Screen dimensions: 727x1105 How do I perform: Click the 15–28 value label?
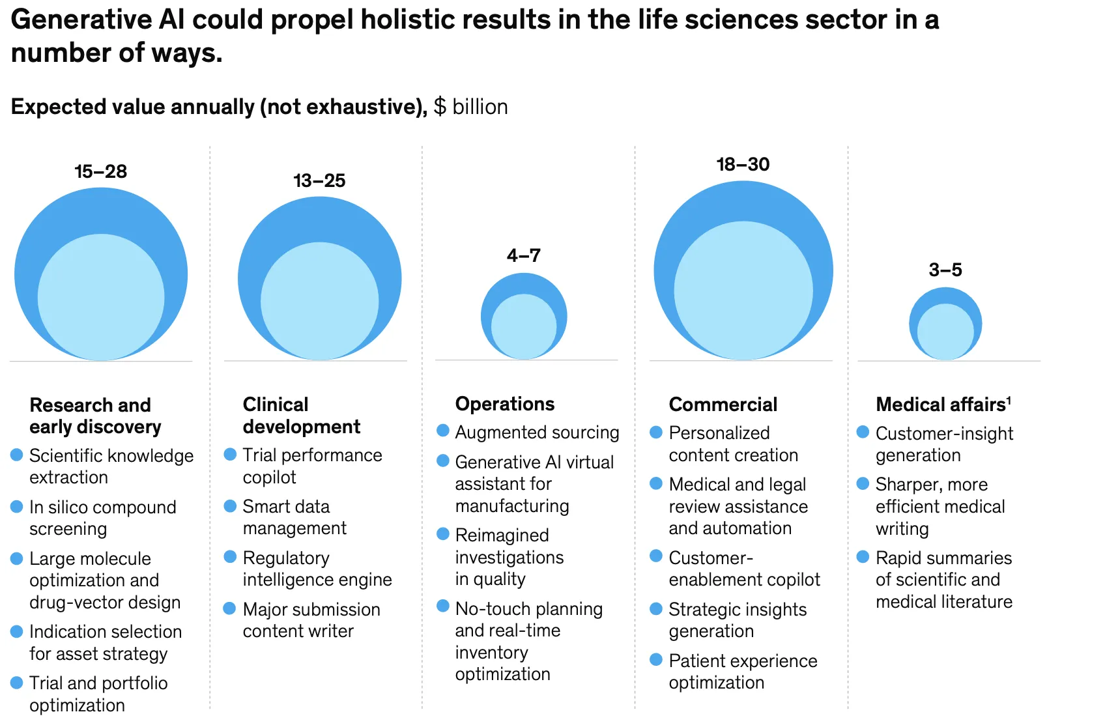100,172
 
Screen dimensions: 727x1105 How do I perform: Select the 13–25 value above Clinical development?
319,181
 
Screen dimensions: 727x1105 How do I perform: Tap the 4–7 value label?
524,255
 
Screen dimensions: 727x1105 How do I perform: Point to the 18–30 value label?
743,164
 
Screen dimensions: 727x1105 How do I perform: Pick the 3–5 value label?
945,270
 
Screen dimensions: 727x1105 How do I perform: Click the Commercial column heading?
723,405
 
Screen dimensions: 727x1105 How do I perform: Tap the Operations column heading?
505,404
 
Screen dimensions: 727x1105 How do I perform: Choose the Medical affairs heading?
940,405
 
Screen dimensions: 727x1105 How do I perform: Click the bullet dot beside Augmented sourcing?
443,431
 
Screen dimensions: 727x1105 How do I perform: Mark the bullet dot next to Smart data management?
230,506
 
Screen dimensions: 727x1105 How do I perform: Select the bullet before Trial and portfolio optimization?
17,682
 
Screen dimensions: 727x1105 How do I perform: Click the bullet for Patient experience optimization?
656,660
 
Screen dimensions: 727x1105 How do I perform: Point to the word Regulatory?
286,558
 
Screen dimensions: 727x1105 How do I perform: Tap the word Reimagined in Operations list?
502,535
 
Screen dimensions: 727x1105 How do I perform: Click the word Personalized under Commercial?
719,433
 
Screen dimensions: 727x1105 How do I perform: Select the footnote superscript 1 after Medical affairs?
1009,399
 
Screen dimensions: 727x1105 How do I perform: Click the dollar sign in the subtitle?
440,107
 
